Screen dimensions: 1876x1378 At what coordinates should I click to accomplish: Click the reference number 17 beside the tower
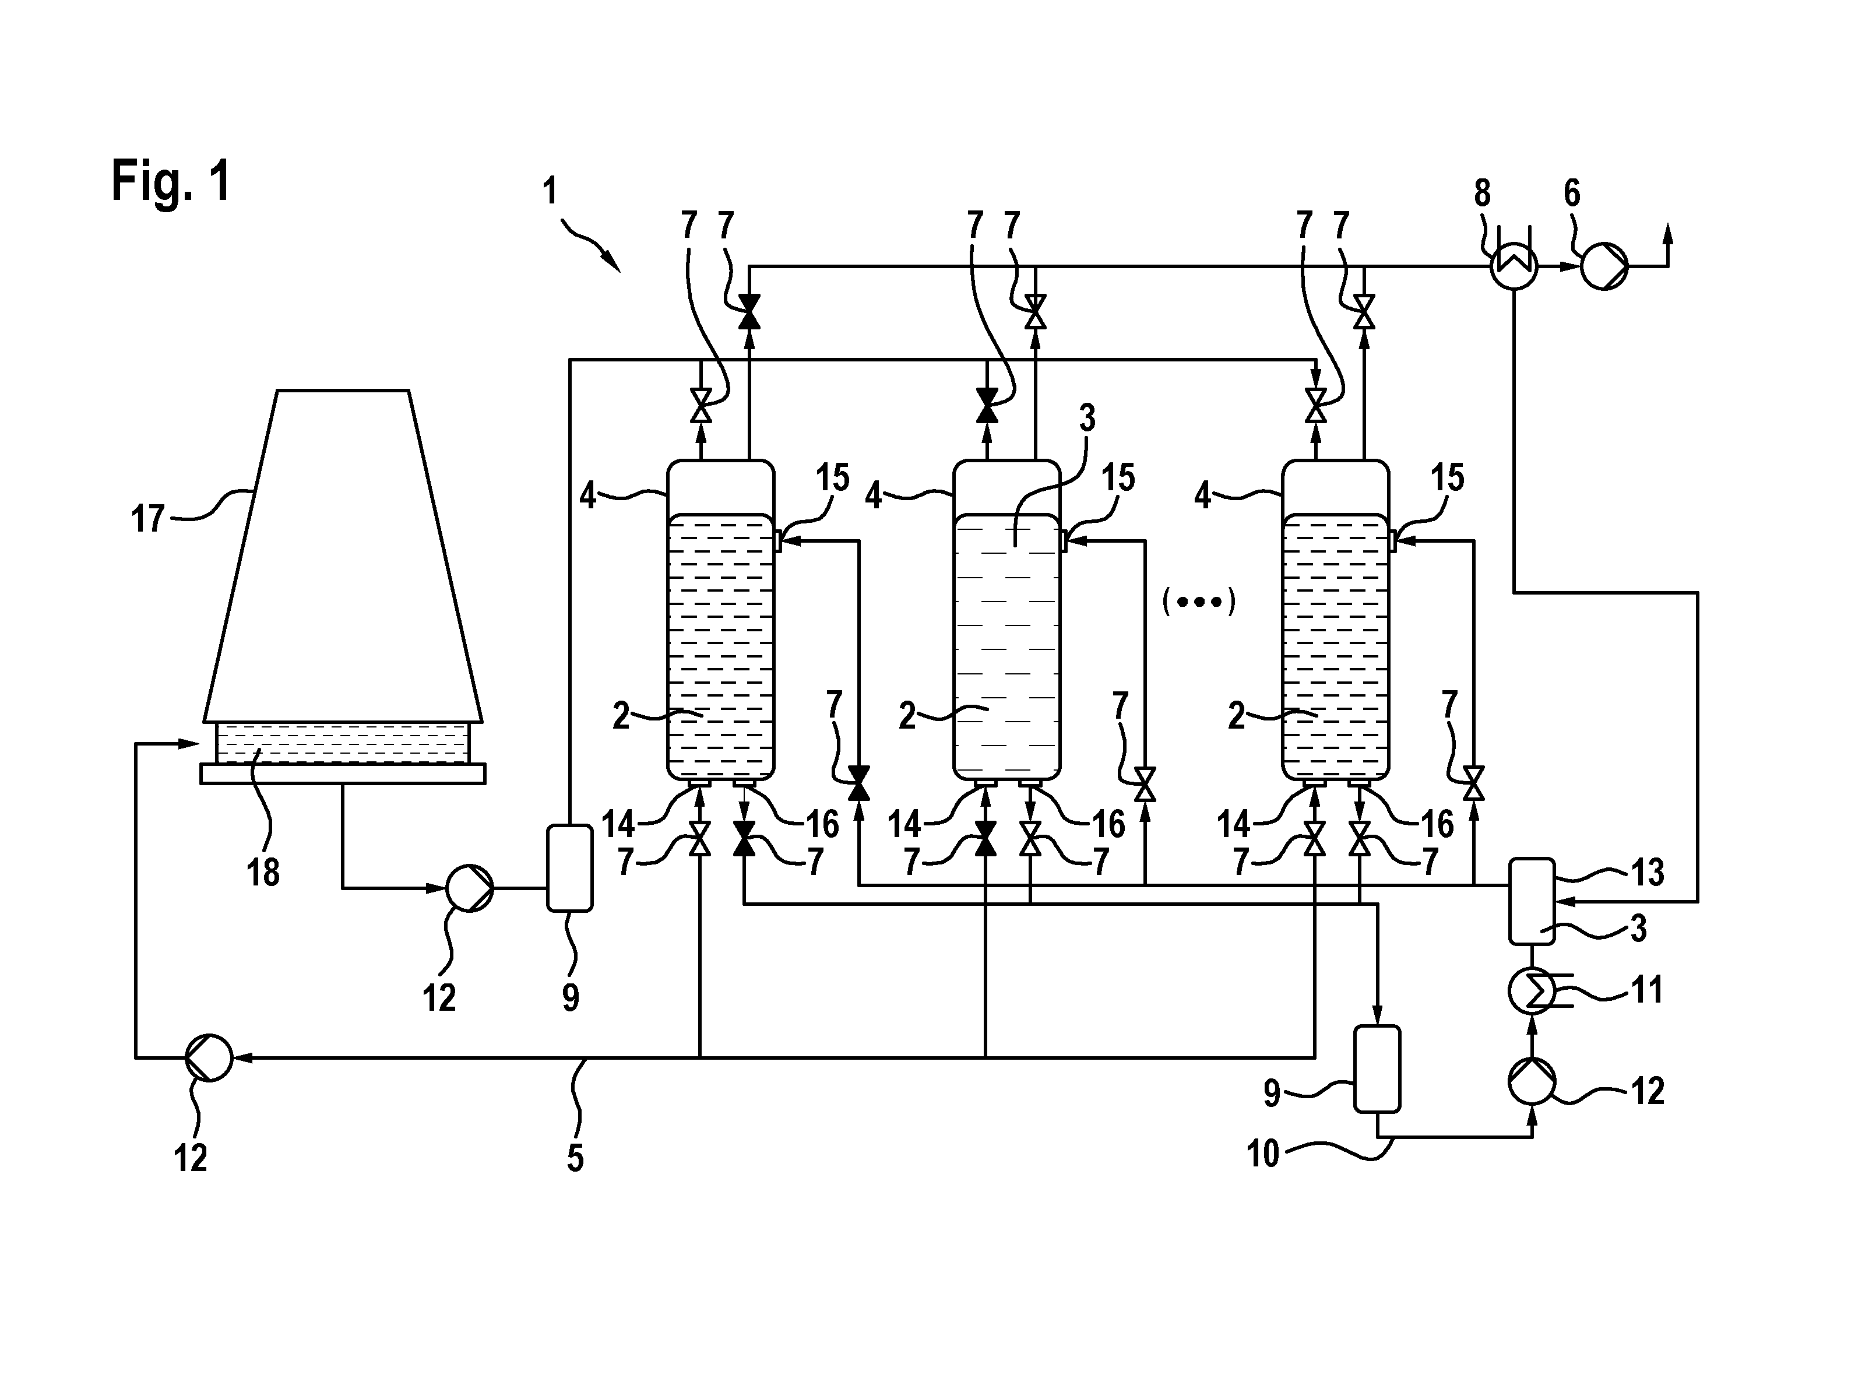tap(149, 519)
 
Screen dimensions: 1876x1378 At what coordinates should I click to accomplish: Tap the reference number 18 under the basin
tap(263, 873)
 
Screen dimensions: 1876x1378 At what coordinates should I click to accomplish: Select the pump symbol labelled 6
tap(1603, 267)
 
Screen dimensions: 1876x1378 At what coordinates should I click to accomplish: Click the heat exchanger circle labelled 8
tap(1514, 267)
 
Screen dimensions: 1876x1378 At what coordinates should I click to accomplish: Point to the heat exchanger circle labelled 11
tap(1532, 991)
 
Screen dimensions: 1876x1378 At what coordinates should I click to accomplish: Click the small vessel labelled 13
tap(1532, 901)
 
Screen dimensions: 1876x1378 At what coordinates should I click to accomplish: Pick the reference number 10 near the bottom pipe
tap(1262, 1154)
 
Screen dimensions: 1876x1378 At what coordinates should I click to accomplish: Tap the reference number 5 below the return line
tap(575, 1158)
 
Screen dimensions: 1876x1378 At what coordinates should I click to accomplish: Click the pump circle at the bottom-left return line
tap(209, 1057)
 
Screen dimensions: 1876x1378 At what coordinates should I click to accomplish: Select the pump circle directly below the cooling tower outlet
tap(470, 889)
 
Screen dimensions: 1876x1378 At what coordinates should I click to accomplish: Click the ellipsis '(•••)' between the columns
tap(1198, 602)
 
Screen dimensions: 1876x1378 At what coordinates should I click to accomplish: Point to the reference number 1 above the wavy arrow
tap(550, 192)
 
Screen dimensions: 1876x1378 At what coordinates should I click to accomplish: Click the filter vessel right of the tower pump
tap(569, 867)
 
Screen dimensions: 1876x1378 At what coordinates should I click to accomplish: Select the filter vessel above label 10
tap(1377, 1068)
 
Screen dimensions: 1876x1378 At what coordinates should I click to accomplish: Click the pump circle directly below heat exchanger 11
tap(1532, 1081)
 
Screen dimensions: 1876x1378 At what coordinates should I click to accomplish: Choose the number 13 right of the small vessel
tap(1647, 873)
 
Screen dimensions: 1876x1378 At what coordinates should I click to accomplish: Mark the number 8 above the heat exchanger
tap(1481, 194)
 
